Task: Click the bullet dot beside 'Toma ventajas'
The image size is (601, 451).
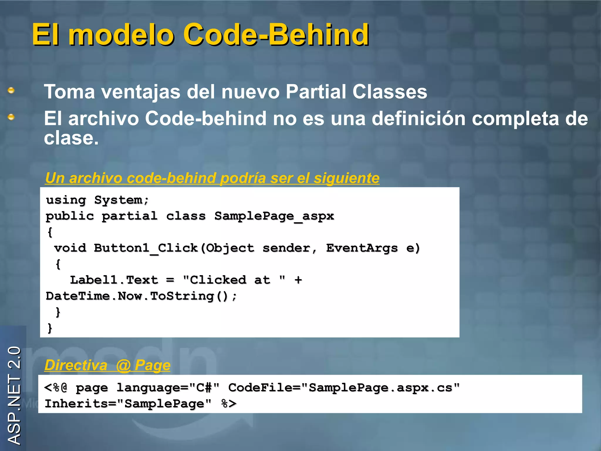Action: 11,90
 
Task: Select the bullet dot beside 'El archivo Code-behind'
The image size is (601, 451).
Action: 11,117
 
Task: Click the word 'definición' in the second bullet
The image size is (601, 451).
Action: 418,119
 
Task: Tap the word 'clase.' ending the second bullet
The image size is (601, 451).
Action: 71,138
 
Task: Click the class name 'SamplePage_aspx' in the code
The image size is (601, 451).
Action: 274,216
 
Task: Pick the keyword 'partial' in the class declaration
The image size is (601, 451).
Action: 129,216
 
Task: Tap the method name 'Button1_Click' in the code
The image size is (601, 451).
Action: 146,248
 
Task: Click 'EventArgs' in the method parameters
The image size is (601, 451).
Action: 362,248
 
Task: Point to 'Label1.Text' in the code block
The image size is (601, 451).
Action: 114,280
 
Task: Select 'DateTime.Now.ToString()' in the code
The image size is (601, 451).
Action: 137,296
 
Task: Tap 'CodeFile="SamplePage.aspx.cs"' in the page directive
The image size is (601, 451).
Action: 344,388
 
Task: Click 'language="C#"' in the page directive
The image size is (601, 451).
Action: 168,388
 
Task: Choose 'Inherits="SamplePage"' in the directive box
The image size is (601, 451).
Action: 128,404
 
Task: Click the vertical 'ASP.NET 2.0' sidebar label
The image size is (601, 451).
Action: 14,395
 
